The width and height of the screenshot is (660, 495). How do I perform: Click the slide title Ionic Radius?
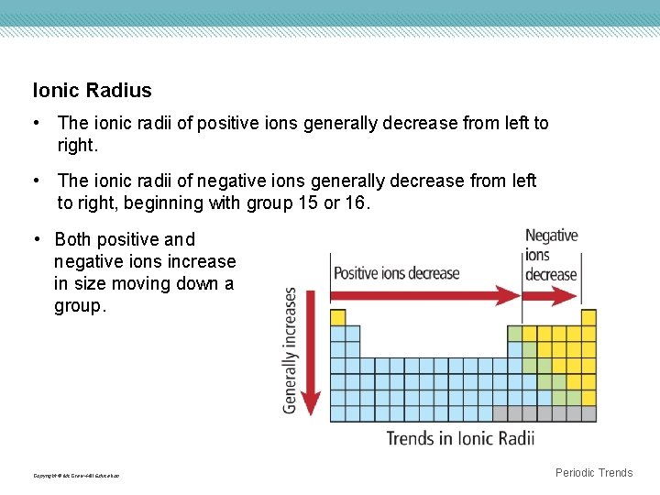92,91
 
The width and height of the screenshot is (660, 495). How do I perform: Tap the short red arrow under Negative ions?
551,295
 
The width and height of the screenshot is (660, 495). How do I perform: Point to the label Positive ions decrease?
397,272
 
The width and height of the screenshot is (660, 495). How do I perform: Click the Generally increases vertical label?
291,350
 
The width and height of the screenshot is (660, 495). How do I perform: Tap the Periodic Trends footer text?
594,473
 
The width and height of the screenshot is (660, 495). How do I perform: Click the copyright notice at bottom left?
76,476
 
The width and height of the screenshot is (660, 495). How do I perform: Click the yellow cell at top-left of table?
337,317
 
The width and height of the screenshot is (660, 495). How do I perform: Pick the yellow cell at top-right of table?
588,317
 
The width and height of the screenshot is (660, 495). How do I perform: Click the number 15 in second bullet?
307,203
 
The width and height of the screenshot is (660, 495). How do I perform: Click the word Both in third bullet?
73,240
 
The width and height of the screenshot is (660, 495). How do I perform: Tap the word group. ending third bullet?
80,306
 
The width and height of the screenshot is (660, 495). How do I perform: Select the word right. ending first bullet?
77,145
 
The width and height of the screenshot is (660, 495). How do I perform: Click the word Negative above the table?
552,236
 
